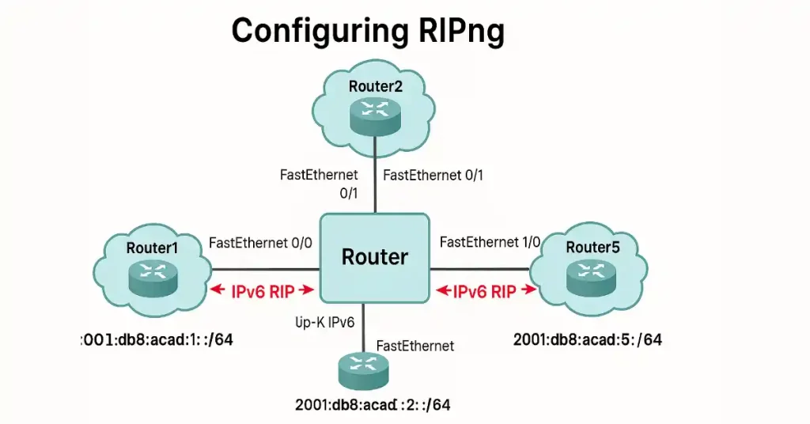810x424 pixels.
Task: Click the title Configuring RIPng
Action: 368,32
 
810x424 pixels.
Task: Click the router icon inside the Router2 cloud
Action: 375,112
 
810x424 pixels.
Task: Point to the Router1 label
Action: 152,248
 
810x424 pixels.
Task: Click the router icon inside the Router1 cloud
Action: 153,274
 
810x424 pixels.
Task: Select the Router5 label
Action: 592,248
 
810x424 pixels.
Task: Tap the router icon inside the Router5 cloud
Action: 591,273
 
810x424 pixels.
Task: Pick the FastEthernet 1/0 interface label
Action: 490,242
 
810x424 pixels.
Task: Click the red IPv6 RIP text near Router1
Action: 263,291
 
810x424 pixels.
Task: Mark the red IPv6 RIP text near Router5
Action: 484,291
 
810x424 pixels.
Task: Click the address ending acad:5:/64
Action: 587,340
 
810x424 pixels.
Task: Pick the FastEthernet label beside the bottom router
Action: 415,346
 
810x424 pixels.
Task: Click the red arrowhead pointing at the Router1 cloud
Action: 214,291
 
